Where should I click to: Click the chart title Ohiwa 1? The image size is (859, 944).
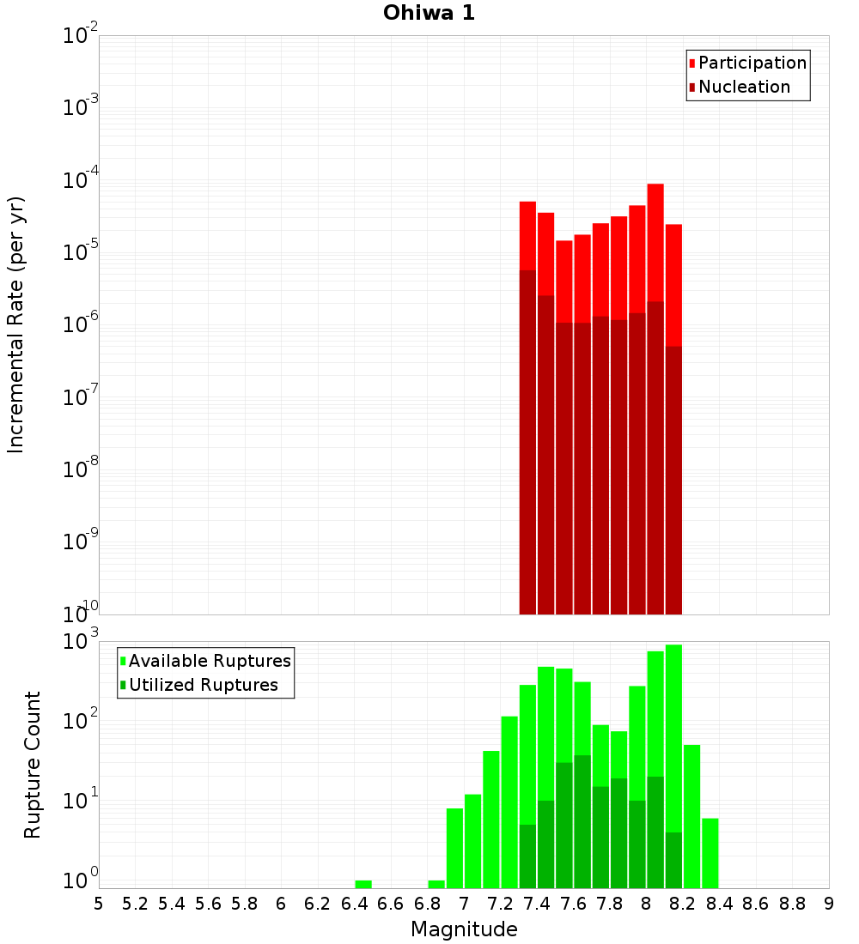click(x=429, y=14)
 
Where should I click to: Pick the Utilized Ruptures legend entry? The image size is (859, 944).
click(x=203, y=686)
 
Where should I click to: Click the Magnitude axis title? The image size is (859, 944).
click(x=464, y=929)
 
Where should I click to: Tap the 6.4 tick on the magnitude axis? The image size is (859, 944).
click(x=354, y=904)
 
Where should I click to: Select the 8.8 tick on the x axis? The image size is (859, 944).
click(x=792, y=904)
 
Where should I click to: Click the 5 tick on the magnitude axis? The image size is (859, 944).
click(x=99, y=904)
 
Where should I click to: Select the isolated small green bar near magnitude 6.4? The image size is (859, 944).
click(x=363, y=884)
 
